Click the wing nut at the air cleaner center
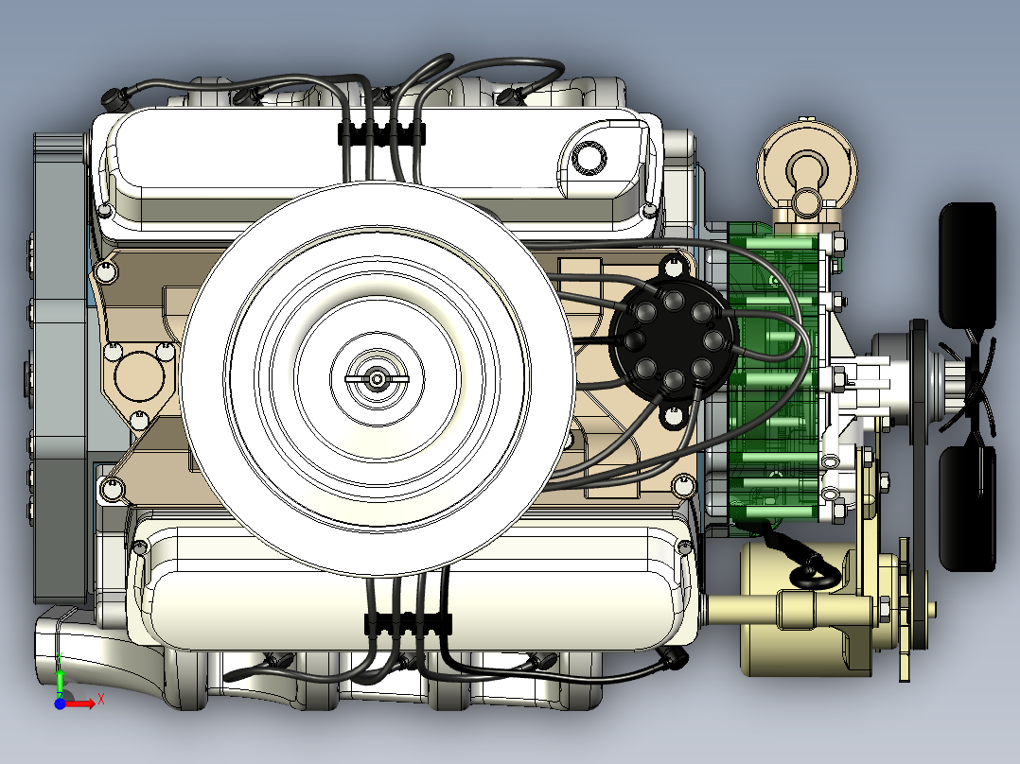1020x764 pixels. [377, 379]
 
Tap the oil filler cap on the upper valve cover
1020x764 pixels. [589, 157]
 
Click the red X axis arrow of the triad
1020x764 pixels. [80, 703]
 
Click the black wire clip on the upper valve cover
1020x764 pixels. [381, 133]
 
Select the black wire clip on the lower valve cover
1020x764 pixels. [408, 623]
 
